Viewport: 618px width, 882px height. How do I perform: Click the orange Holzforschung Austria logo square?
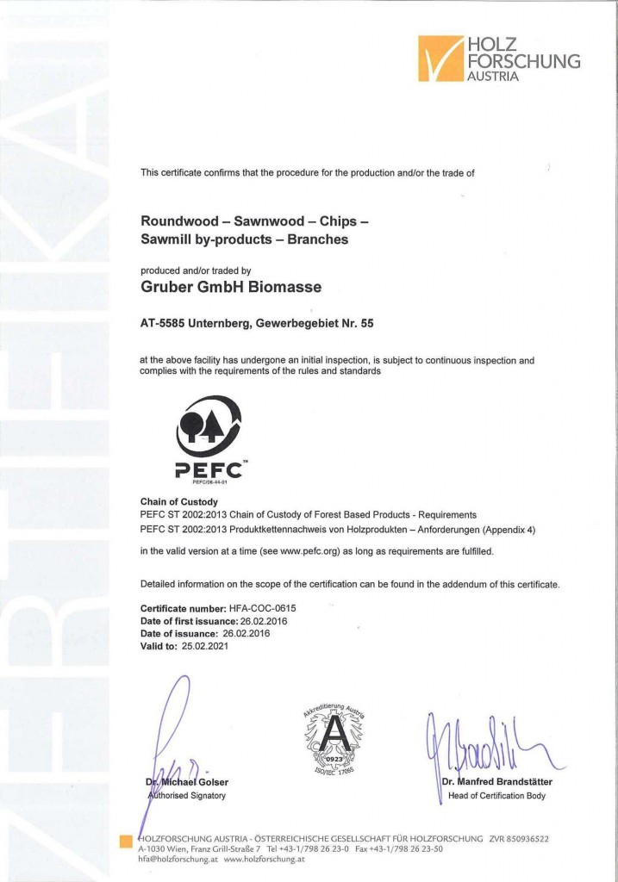[440, 58]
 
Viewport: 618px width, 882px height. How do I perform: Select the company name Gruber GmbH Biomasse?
[232, 286]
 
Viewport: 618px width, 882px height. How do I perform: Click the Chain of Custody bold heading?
[178, 501]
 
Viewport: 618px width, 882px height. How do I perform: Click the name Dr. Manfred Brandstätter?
[496, 782]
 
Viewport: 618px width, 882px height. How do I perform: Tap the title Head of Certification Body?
[496, 796]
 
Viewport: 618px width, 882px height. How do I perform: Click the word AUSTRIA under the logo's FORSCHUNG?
[493, 76]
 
